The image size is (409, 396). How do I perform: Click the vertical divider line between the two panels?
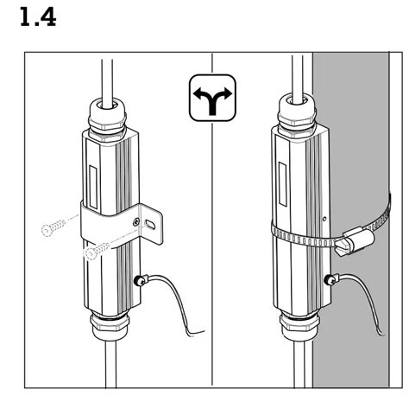coord(212,259)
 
